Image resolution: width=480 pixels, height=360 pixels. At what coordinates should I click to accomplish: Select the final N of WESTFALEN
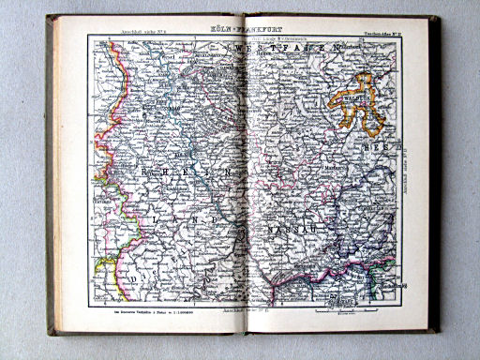(x=334, y=45)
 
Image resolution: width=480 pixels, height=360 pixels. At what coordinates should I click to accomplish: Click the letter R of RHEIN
(x=119, y=174)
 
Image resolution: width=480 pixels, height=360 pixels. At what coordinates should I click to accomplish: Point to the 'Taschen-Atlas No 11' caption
(x=378, y=31)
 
